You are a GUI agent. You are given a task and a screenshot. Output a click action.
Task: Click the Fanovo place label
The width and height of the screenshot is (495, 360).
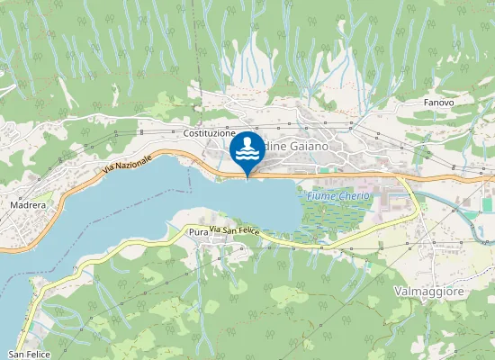click(x=438, y=103)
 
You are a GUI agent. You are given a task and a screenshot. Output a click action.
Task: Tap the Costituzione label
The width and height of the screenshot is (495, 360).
click(x=209, y=133)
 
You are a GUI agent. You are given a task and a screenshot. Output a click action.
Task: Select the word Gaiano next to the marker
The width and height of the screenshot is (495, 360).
click(x=302, y=145)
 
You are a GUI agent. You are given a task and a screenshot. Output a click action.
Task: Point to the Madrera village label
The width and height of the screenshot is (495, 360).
click(x=28, y=205)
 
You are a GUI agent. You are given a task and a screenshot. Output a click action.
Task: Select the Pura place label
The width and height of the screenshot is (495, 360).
click(x=198, y=232)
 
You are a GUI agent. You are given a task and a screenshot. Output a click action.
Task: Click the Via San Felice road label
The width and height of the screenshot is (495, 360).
click(x=235, y=231)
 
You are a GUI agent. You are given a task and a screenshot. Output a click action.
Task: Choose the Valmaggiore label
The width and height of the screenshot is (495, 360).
click(x=430, y=292)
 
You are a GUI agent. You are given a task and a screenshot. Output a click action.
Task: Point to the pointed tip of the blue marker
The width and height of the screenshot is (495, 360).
click(x=247, y=177)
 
